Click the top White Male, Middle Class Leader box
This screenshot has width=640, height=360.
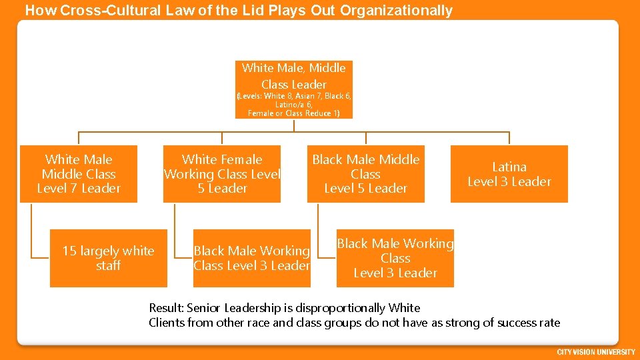pos(294,75)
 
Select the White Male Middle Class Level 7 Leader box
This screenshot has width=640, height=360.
pos(79,174)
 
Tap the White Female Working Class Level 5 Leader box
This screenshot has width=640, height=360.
pos(222,174)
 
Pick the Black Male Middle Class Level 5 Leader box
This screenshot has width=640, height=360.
pos(365,174)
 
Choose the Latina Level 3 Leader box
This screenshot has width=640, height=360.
pos(509,174)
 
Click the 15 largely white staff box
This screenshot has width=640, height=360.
pos(108,258)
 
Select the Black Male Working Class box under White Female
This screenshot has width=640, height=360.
pos(251,258)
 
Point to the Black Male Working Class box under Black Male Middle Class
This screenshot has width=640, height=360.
pos(395,258)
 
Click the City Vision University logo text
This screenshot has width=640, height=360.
pos(596,352)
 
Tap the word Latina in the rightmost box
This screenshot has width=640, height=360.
pos(509,167)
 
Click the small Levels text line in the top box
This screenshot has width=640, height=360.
pos(294,96)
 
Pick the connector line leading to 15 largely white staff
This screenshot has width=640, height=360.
pos(31,233)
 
